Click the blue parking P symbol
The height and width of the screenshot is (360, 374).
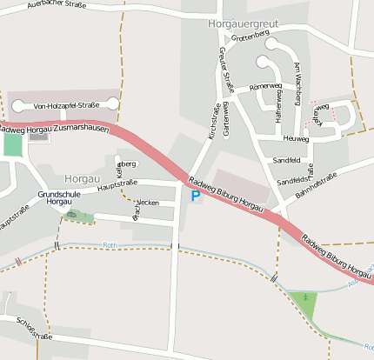tap(195, 197)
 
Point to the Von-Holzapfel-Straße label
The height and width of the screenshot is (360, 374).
tap(66, 105)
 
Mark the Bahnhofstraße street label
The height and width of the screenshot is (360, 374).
tap(316, 185)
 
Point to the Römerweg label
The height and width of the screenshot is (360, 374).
tap(265, 87)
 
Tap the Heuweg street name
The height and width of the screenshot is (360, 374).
tap(296, 138)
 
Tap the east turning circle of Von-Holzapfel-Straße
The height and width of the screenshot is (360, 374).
tap(112, 104)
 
